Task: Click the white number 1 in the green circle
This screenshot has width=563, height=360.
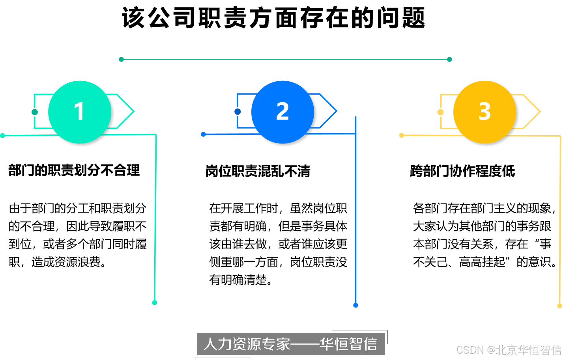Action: click(x=79, y=111)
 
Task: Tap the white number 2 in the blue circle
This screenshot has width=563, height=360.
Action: click(x=282, y=111)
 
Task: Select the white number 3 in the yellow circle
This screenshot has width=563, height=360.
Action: click(x=484, y=111)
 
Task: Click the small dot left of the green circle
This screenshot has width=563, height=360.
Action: click(x=35, y=112)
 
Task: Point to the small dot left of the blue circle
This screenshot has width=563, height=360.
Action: click(x=238, y=112)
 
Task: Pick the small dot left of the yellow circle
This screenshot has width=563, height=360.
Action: click(x=440, y=112)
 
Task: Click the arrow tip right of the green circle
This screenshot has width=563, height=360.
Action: click(x=133, y=111)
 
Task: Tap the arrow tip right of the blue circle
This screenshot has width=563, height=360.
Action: click(x=336, y=111)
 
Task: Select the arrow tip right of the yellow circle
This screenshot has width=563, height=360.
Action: click(x=539, y=112)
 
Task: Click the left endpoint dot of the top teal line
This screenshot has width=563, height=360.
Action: click(x=122, y=60)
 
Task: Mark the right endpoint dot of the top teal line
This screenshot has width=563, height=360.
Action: click(x=449, y=60)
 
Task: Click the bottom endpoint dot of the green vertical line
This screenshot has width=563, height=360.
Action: click(x=155, y=302)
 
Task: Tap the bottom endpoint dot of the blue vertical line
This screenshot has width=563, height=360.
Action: click(x=355, y=305)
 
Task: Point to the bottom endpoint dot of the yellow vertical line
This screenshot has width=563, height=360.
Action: click(x=559, y=306)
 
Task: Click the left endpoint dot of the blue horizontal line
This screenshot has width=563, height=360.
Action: click(x=203, y=134)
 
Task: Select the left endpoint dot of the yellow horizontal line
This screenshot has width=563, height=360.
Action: click(x=402, y=135)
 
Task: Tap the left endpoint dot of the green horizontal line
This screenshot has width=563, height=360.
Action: click(x=3, y=136)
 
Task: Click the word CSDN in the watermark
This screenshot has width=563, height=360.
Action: click(x=469, y=349)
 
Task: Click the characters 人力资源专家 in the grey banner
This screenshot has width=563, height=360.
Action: click(x=247, y=344)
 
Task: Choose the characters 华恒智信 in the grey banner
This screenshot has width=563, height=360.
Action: click(x=348, y=344)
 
